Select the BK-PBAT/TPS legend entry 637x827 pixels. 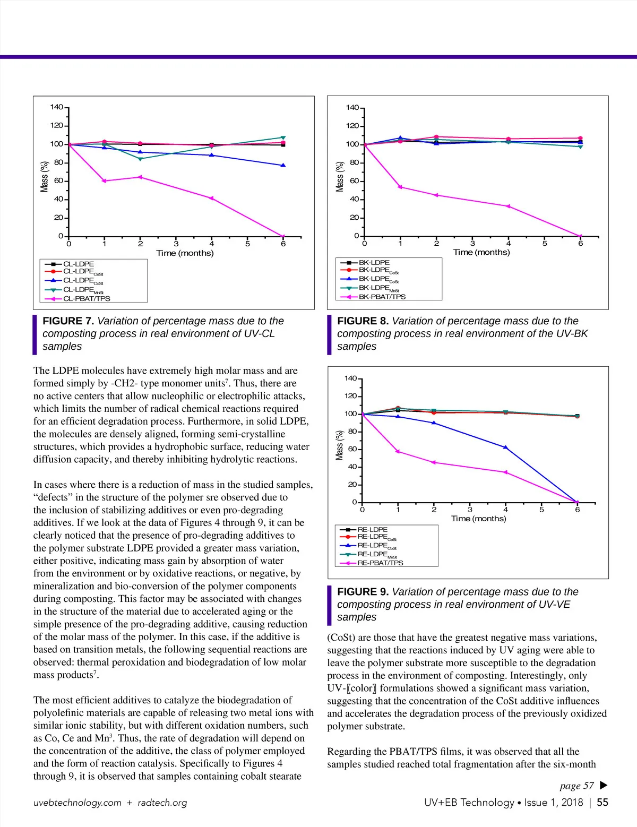point(382,297)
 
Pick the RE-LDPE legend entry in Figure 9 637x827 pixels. point(372,529)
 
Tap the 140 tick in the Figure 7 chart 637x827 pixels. point(56,107)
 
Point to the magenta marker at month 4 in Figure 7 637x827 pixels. point(212,198)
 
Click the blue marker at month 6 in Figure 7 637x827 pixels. point(283,165)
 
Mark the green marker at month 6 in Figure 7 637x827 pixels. point(283,137)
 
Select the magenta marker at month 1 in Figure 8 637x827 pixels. point(400,187)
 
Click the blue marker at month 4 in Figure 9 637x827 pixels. point(505,447)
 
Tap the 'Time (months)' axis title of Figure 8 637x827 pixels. point(481,252)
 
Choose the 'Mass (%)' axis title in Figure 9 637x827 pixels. point(340,445)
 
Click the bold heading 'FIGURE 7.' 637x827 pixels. point(68,321)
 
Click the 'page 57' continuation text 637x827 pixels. point(576,786)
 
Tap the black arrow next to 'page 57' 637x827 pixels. point(603,785)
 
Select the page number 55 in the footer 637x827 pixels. point(602,803)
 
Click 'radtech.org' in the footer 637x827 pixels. point(162,803)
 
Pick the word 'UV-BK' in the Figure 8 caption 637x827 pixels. point(572,334)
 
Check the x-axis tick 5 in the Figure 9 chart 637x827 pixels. point(541,510)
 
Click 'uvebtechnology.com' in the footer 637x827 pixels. point(78,803)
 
